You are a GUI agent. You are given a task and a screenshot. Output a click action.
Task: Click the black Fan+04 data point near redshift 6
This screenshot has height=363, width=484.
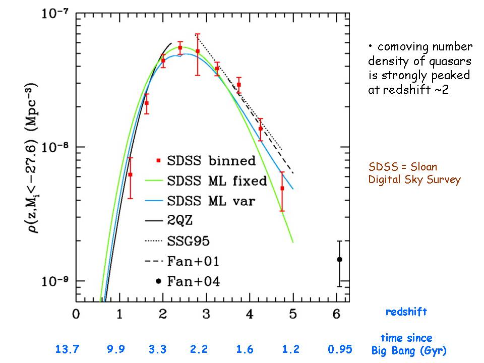coord(339,259)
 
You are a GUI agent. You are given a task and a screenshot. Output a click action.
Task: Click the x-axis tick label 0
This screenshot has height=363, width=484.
coord(76,314)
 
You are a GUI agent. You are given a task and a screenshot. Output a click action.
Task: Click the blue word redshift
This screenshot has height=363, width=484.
coord(406,312)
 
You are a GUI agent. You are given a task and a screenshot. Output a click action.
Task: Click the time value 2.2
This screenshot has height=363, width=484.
coord(198,349)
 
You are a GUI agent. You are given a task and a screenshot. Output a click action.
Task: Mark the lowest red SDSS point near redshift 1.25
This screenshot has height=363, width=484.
coord(130,174)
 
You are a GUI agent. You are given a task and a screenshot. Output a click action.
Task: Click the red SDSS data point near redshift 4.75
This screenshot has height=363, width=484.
coord(282,188)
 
